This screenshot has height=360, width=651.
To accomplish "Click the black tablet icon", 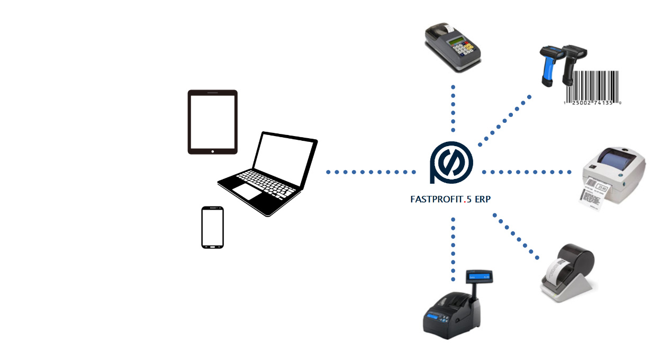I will [213, 122].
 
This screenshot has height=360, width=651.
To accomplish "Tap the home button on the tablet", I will [213, 151].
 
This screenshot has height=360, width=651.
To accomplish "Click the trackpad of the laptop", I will [248, 191].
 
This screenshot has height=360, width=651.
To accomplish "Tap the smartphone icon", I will [212, 227].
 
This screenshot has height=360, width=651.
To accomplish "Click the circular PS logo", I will [451, 163].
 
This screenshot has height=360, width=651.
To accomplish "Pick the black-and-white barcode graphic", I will [592, 88].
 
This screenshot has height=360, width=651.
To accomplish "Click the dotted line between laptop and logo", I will [370, 172].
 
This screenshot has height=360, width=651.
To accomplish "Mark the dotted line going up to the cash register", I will [453, 108].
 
